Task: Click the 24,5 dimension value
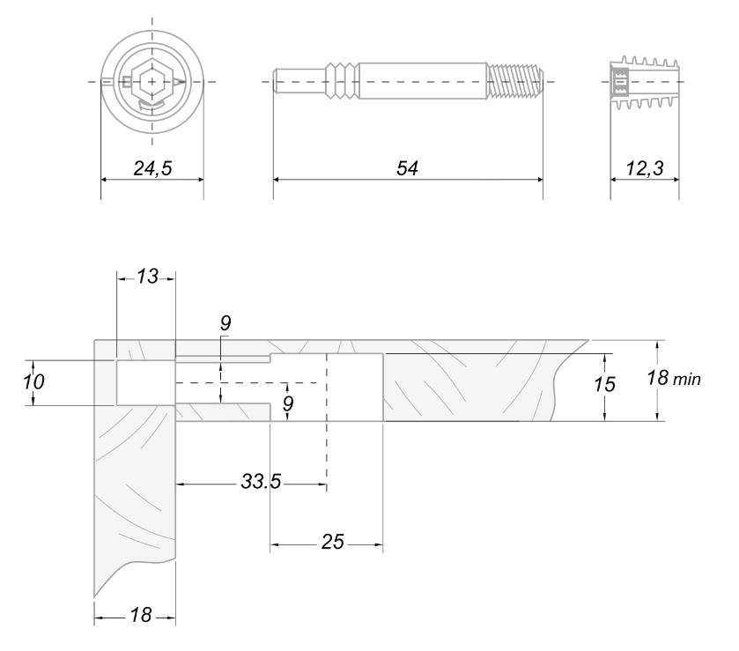click(152, 169)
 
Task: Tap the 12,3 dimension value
click(644, 169)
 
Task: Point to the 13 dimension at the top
click(147, 277)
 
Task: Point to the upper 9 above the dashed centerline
click(225, 324)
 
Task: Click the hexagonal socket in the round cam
click(152, 82)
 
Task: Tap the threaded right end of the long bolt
click(514, 81)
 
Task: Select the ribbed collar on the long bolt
click(344, 81)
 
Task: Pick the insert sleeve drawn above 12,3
click(643, 85)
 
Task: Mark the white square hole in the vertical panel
click(145, 382)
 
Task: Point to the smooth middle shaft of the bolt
click(423, 81)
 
